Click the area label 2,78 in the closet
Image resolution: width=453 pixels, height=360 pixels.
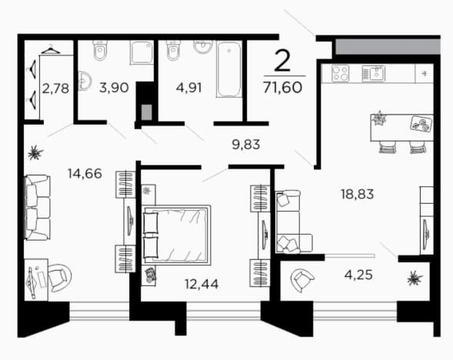point(55,88)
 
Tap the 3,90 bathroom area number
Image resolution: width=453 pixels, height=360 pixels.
point(114,88)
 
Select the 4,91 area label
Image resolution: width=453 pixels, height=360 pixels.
point(189,88)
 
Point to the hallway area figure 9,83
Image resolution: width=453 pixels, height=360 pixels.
point(246,144)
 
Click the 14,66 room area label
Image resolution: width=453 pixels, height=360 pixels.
point(85,173)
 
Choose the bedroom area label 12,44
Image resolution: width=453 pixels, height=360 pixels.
point(202,284)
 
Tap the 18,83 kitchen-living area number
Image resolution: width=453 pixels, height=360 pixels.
point(358,194)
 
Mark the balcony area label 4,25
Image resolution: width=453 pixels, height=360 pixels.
point(358,275)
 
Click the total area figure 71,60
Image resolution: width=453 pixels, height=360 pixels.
point(282,87)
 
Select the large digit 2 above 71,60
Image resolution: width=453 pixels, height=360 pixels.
point(282,61)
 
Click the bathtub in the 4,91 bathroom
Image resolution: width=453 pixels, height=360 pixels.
point(229,68)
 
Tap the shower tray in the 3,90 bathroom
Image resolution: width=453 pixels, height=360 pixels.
point(142,52)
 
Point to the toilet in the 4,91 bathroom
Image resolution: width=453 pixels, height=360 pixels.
point(173,50)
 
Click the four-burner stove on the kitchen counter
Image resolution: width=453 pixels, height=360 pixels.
point(341,73)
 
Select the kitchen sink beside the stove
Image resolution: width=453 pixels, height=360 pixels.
point(373,73)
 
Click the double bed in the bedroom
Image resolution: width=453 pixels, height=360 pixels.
point(176,235)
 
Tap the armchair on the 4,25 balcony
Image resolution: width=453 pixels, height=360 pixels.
point(302,280)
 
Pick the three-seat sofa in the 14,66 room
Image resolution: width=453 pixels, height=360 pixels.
point(37,207)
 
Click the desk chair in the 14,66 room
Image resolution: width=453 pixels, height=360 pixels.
point(59,278)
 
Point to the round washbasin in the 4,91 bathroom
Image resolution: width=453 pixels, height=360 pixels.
point(203,46)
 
